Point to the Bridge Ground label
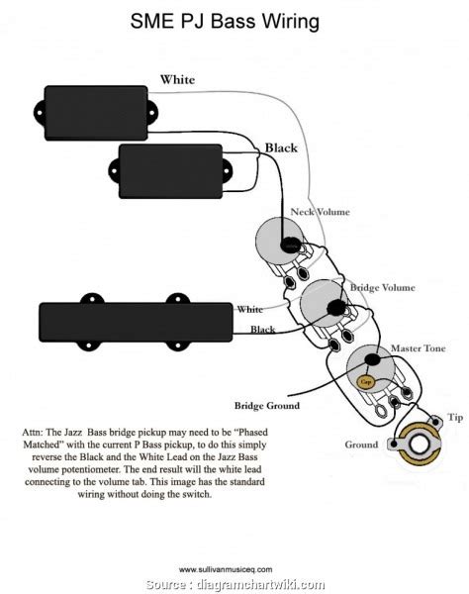[x=267, y=406]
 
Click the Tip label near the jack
[x=454, y=418]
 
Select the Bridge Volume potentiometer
[x=322, y=301]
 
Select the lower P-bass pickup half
[x=185, y=165]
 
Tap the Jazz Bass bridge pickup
[x=137, y=320]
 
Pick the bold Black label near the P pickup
[x=281, y=148]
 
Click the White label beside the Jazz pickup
[x=249, y=310]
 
